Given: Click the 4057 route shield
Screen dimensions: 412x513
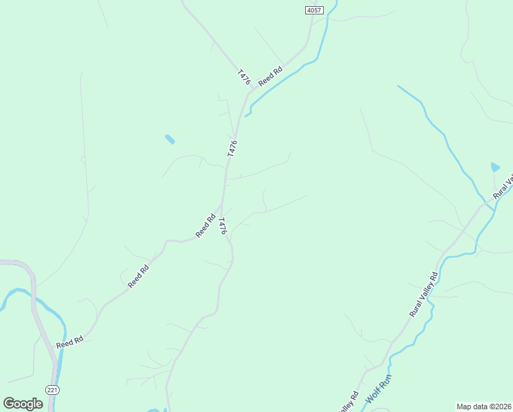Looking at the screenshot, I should [x=314, y=10].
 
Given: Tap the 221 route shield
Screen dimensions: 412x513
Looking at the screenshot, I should [x=53, y=389].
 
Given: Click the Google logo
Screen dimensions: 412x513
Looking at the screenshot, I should [x=23, y=403].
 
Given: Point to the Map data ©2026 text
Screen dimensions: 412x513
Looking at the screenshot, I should [x=483, y=406].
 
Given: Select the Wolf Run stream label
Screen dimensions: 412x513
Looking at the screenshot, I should [x=378, y=389].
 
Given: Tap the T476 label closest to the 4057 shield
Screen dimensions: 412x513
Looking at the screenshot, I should [x=243, y=77].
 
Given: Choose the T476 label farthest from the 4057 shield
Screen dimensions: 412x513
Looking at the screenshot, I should [x=222, y=227].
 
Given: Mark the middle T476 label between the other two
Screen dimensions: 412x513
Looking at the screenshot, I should [x=232, y=149].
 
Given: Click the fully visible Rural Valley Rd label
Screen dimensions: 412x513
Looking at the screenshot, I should [x=424, y=295].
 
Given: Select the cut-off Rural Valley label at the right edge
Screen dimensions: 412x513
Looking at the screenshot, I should [x=503, y=187].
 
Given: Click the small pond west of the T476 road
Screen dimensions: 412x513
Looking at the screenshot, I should [x=169, y=139].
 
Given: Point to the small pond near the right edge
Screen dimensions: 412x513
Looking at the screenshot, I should [x=495, y=167].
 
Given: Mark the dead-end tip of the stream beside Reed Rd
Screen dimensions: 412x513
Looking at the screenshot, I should [x=246, y=115].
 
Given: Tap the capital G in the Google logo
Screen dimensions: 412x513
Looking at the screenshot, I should [x=9, y=403].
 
